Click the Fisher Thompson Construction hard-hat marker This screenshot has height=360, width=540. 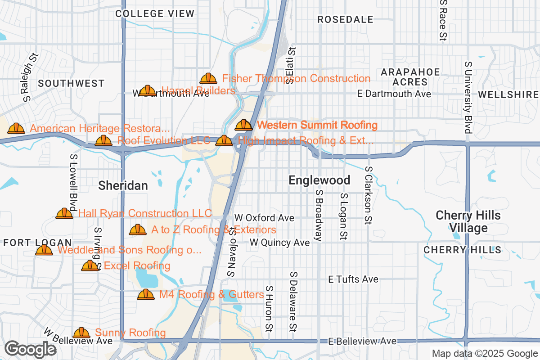click(x=208, y=79)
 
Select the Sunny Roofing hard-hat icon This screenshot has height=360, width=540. click(x=81, y=333)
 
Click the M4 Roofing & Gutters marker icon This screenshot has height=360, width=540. click(x=146, y=295)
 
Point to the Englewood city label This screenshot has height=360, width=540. click(x=319, y=180)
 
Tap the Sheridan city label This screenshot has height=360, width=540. click(x=123, y=185)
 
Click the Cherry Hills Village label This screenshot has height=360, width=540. click(x=468, y=221)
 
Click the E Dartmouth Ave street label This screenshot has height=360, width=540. click(x=394, y=94)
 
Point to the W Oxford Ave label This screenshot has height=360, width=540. click(x=265, y=218)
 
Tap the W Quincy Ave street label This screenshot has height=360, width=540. click(x=280, y=243)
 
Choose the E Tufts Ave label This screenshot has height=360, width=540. click(x=353, y=279)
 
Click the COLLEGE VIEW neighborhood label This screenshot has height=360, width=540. click(x=155, y=13)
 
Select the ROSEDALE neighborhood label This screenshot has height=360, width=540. click(x=345, y=19)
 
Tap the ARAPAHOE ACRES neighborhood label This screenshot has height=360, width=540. click(x=410, y=77)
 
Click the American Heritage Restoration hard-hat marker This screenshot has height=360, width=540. click(x=17, y=129)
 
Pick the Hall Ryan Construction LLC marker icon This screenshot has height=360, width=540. click(x=64, y=213)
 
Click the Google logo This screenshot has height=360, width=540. click(x=31, y=349)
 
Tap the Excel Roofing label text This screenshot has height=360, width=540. click(x=137, y=266)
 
